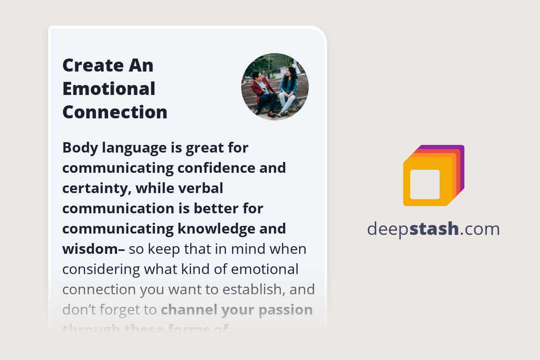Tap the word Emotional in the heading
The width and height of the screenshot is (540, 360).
click(109, 89)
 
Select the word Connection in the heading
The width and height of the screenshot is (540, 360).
click(115, 112)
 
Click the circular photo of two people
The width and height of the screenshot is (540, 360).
click(275, 86)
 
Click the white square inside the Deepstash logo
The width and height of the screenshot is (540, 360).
click(425, 184)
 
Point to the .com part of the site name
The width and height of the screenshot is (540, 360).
click(480, 229)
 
